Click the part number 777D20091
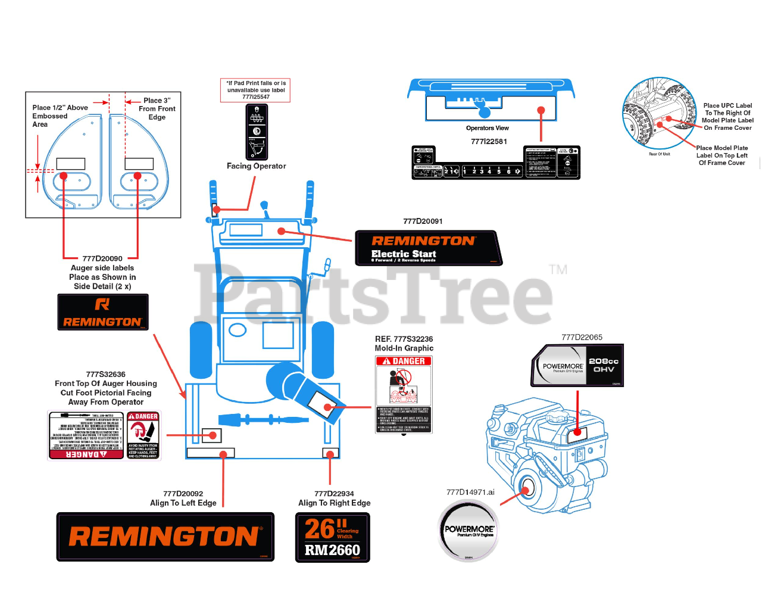click(423, 222)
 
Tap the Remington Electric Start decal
click(429, 248)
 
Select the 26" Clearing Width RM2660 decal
click(333, 537)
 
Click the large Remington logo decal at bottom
click(165, 537)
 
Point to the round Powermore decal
click(469, 531)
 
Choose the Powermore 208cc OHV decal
click(577, 365)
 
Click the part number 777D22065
click(582, 338)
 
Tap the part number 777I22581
click(489, 142)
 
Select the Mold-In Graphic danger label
click(404, 394)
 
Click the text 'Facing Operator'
click(256, 166)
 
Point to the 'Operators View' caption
click(487, 128)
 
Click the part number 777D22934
click(334, 494)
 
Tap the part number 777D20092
click(183, 494)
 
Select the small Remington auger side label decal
click(103, 312)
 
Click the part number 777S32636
click(105, 375)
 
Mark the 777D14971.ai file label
click(470, 492)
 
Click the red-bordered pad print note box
click(255, 90)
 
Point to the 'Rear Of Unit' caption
click(659, 154)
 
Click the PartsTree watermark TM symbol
click(558, 270)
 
